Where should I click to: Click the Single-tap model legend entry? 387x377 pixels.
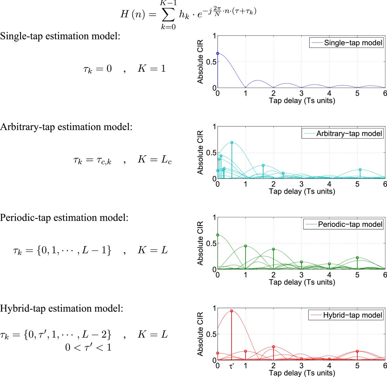pos(353,43)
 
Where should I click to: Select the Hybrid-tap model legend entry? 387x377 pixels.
pos(352,315)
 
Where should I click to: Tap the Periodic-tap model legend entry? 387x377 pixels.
pos(350,224)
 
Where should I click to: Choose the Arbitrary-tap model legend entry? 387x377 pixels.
pos(349,133)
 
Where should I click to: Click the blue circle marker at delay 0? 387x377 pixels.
pos(218,54)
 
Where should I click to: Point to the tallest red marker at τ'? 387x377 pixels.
pos(232,311)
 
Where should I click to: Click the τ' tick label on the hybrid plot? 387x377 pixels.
pos(232,366)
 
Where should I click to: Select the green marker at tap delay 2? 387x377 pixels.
pos(273,249)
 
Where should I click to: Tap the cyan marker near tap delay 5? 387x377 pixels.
pos(360,169)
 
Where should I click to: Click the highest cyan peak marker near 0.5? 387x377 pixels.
pos(232,142)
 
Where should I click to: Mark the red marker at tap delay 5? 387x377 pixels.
pos(357,351)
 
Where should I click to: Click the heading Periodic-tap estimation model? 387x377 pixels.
pos(64,217)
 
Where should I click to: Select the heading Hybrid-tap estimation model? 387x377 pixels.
pos(61,308)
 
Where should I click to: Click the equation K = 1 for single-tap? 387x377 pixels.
pos(152,68)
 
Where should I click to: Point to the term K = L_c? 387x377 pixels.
pos(154,159)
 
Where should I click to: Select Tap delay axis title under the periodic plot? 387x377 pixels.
pos(302,282)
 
